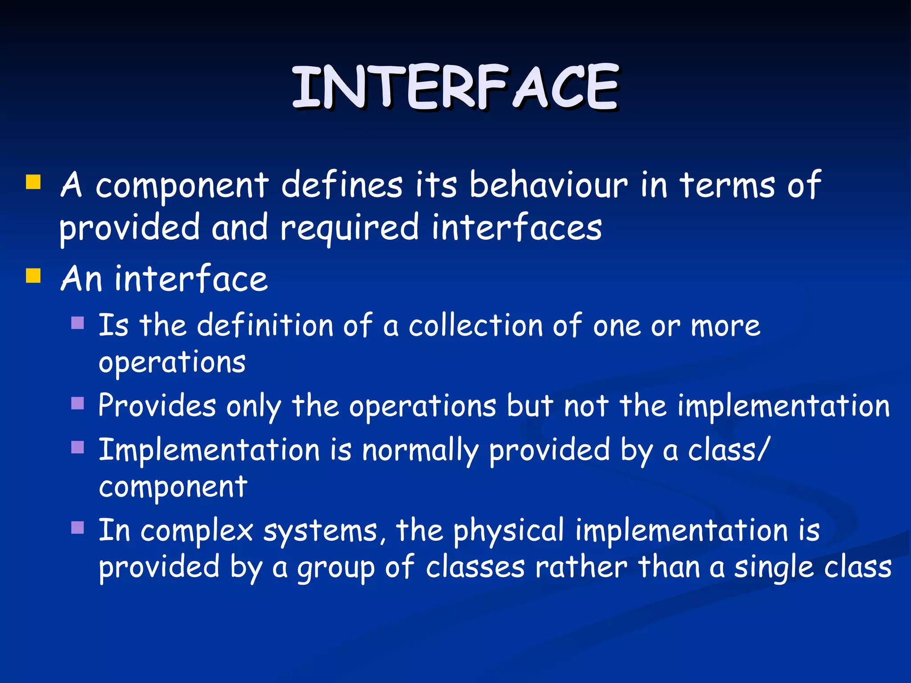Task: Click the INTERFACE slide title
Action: pyautogui.click(x=455, y=87)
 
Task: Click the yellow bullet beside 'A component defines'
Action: pyautogui.click(x=33, y=182)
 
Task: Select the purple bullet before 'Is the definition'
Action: pyautogui.click(x=78, y=322)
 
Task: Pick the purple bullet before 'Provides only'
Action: pyautogui.click(x=78, y=403)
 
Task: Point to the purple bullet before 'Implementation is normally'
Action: pyautogui.click(x=78, y=447)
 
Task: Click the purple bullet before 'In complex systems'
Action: pyautogui.click(x=78, y=527)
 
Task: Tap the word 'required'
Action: pyautogui.click(x=349, y=228)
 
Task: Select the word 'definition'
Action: pyautogui.click(x=265, y=325)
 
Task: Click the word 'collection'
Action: pyautogui.click(x=476, y=325)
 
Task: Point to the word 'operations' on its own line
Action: pyautogui.click(x=172, y=362)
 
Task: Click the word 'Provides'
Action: pyautogui.click(x=157, y=406)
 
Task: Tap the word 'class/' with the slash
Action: pyautogui.click(x=728, y=450)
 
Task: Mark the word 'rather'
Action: pyautogui.click(x=581, y=567)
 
